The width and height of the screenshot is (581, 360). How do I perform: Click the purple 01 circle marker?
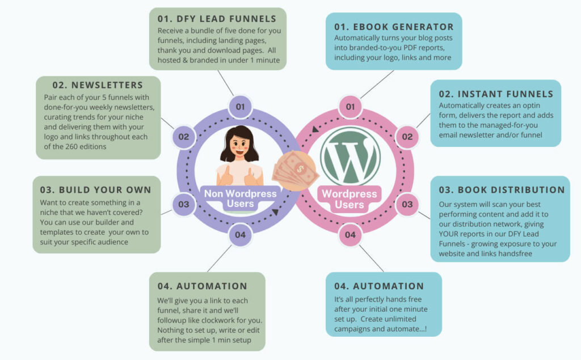240,106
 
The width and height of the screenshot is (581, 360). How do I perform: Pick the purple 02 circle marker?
183,137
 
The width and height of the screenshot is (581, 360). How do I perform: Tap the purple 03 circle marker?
183,204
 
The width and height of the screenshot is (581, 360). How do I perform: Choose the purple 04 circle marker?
240,234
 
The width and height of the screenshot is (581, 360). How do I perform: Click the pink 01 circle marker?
350,106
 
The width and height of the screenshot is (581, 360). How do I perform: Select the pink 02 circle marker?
407,137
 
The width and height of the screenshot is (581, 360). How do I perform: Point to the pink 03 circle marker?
407,204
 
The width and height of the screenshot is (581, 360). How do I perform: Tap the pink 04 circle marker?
350,234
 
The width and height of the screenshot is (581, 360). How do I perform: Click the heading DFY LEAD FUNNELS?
218,19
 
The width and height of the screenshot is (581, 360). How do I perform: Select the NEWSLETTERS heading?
99,86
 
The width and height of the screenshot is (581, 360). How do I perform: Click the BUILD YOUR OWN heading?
96,189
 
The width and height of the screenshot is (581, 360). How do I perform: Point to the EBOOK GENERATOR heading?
394,27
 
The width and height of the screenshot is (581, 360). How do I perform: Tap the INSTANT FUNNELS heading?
496,94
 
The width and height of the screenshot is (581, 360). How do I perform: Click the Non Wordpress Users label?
241,199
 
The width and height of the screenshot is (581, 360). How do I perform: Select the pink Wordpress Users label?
349,199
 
